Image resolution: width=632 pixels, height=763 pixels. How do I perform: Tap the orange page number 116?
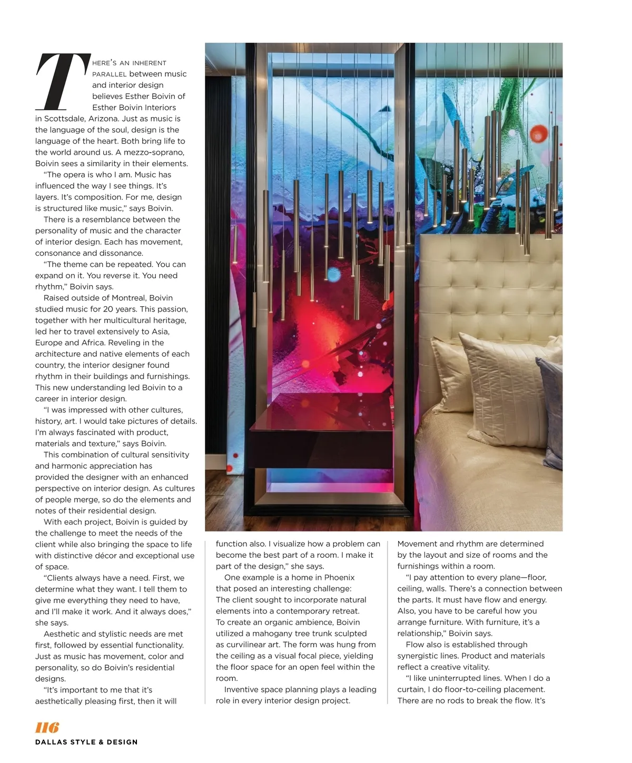click(x=47, y=727)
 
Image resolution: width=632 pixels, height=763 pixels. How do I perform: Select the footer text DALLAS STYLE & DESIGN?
click(x=86, y=742)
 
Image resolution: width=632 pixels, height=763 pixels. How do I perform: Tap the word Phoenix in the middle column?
click(x=339, y=577)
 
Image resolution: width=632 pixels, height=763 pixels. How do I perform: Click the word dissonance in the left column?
click(x=109, y=253)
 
